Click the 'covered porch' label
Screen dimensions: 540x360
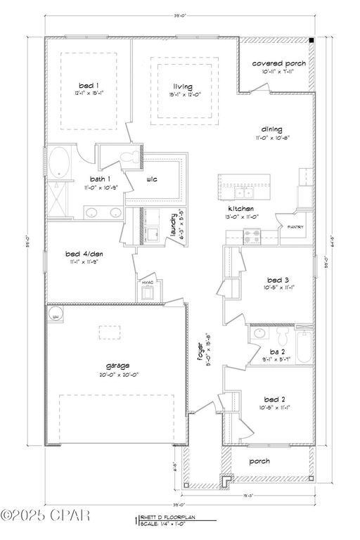point(278,63)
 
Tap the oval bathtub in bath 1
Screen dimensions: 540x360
point(58,162)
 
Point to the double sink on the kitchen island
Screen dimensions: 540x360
point(243,191)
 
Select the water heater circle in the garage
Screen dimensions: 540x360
point(56,316)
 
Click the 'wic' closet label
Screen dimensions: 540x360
point(151,179)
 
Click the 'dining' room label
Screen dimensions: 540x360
point(271,129)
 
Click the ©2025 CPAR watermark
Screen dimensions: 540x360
point(46,516)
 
